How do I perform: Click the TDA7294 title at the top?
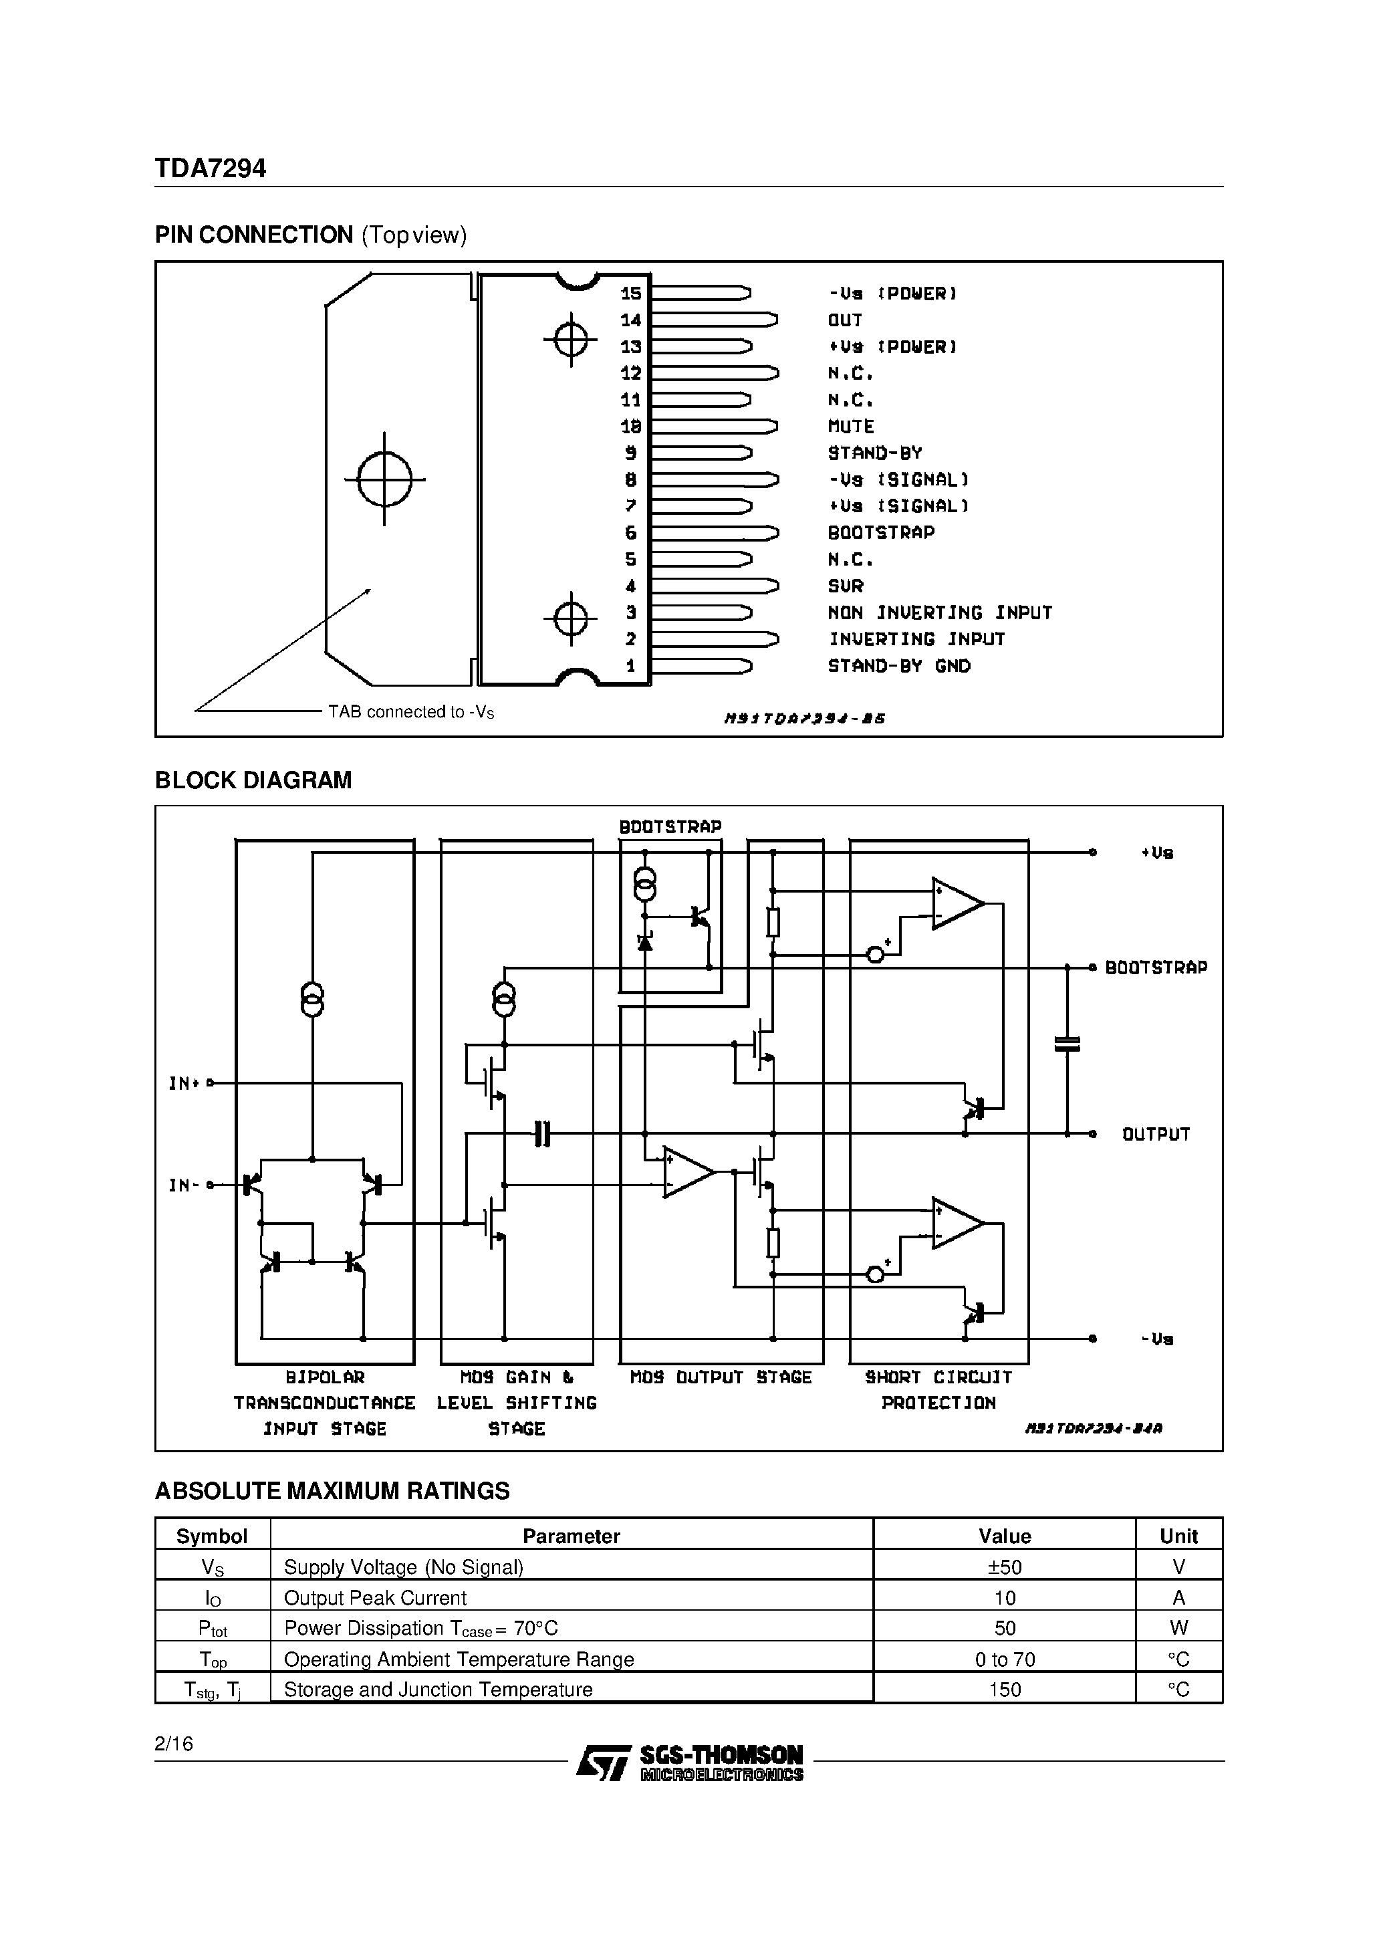pyautogui.click(x=211, y=168)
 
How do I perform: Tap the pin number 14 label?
pyautogui.click(x=631, y=320)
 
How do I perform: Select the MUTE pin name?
pyautogui.click(x=850, y=427)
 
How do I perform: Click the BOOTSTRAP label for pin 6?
pyautogui.click(x=881, y=533)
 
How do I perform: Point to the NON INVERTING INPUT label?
pyautogui.click(x=940, y=613)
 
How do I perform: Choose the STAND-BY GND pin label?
pyautogui.click(x=899, y=666)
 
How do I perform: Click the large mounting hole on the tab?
pyautogui.click(x=385, y=479)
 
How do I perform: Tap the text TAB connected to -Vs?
pyautogui.click(x=410, y=712)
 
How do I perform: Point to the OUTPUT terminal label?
pyautogui.click(x=1155, y=1134)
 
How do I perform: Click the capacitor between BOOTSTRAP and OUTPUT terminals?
pyautogui.click(x=1067, y=1044)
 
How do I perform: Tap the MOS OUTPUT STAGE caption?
pyautogui.click(x=721, y=1377)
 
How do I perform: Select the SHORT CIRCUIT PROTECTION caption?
pyautogui.click(x=938, y=1389)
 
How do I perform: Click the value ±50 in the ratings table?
pyautogui.click(x=1004, y=1567)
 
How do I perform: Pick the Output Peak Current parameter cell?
pyautogui.click(x=376, y=1597)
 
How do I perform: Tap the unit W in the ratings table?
pyautogui.click(x=1178, y=1628)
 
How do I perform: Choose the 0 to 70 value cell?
pyautogui.click(x=1004, y=1659)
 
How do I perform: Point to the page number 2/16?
pyautogui.click(x=174, y=1744)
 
